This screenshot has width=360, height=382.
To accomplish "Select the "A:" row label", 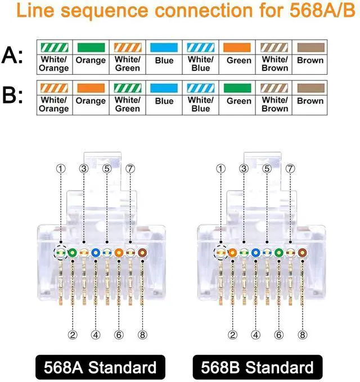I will pyautogui.click(x=13, y=55).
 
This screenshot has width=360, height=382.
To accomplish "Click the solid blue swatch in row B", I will pyautogui.click(x=164, y=88).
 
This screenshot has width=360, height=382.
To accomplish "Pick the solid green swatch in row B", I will pyautogui.click(x=238, y=88).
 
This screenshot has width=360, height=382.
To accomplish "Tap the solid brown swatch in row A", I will pyautogui.click(x=310, y=47).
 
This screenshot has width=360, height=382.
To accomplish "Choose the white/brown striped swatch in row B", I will pyautogui.click(x=274, y=88).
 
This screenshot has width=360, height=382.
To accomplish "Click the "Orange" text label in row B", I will pyautogui.click(x=90, y=101).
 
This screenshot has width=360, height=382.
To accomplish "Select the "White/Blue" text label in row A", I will pyautogui.click(x=200, y=64).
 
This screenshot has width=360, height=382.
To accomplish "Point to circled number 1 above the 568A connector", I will pyautogui.click(x=61, y=168).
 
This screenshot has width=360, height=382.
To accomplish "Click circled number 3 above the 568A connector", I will pyautogui.click(x=84, y=168).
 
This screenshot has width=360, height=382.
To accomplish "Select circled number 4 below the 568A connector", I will pyautogui.click(x=96, y=335).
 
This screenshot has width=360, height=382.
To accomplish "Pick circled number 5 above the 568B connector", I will pyautogui.click(x=267, y=168).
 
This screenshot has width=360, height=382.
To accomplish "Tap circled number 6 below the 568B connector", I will pyautogui.click(x=279, y=335).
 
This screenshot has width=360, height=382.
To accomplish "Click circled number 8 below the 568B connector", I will pyautogui.click(x=302, y=335).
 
